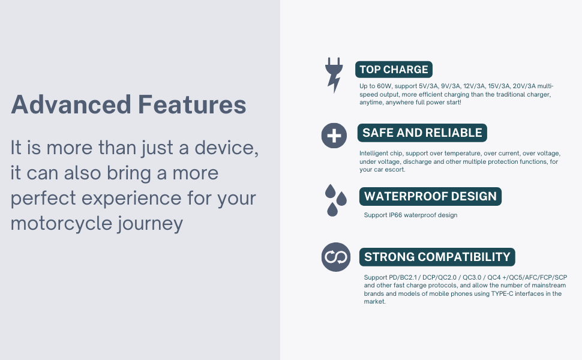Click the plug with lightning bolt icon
[334, 74]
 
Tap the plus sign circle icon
[334, 136]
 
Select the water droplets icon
[335, 200]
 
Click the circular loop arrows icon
[336, 257]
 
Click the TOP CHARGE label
[394, 70]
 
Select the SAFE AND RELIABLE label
[422, 133]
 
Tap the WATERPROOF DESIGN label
[430, 196]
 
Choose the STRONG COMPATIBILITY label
[437, 257]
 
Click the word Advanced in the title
[71, 104]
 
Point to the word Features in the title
[192, 104]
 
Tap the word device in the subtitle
[226, 148]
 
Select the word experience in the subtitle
[131, 199]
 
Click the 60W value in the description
[384, 86]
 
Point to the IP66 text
[395, 215]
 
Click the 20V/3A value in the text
[524, 86]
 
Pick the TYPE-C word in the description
[502, 293]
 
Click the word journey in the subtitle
[151, 224]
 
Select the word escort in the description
[395, 170]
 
